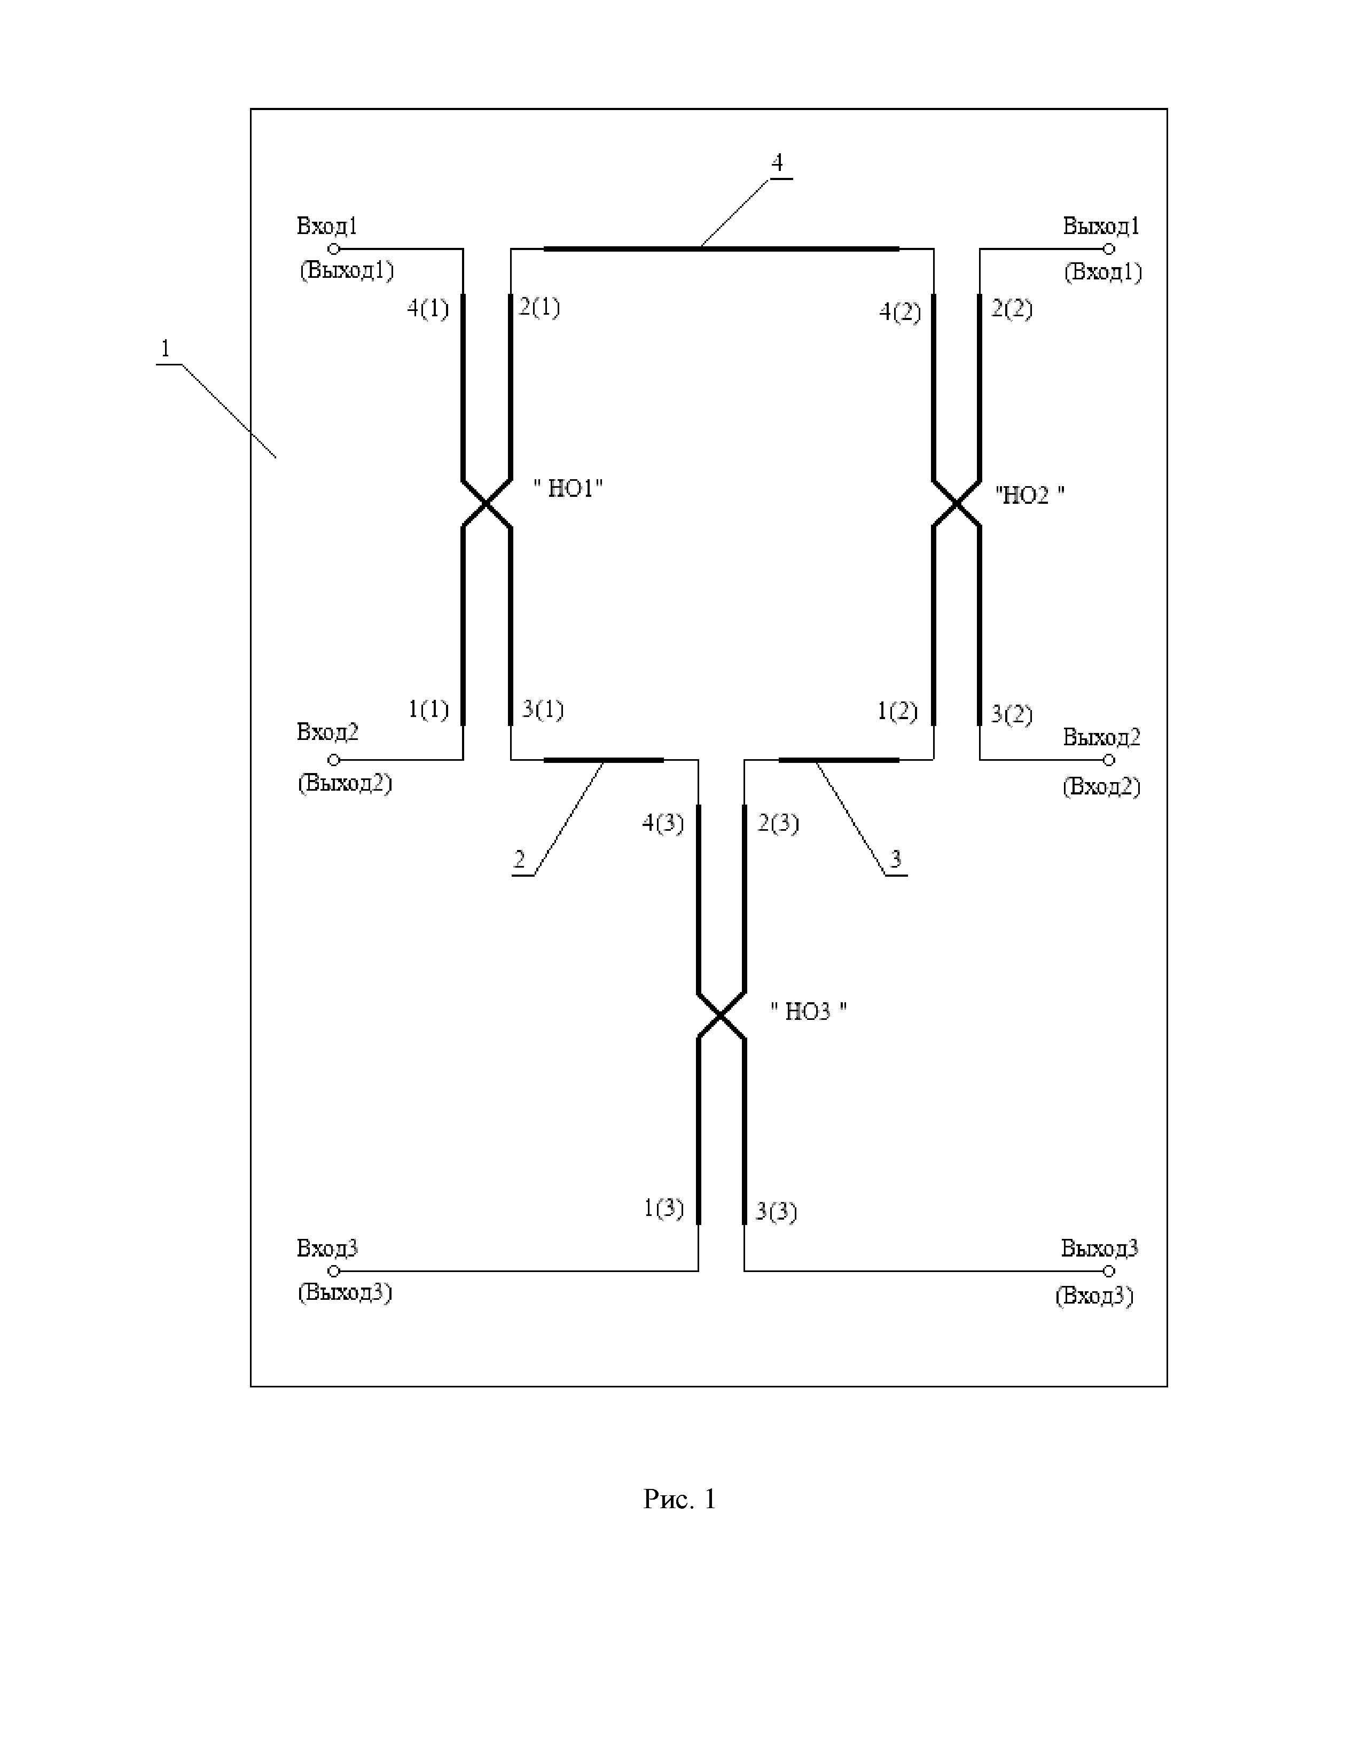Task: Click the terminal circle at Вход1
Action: (x=333, y=248)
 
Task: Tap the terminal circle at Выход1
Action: (x=1109, y=248)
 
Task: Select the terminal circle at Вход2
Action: (x=333, y=760)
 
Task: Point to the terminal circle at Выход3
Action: (x=1109, y=1270)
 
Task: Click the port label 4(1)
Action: (x=428, y=308)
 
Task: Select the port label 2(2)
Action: (x=1012, y=308)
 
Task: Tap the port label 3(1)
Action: (x=542, y=709)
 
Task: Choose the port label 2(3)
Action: (x=778, y=823)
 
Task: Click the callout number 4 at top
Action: (x=777, y=163)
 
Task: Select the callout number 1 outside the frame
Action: (x=166, y=349)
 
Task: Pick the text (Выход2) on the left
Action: (x=345, y=783)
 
